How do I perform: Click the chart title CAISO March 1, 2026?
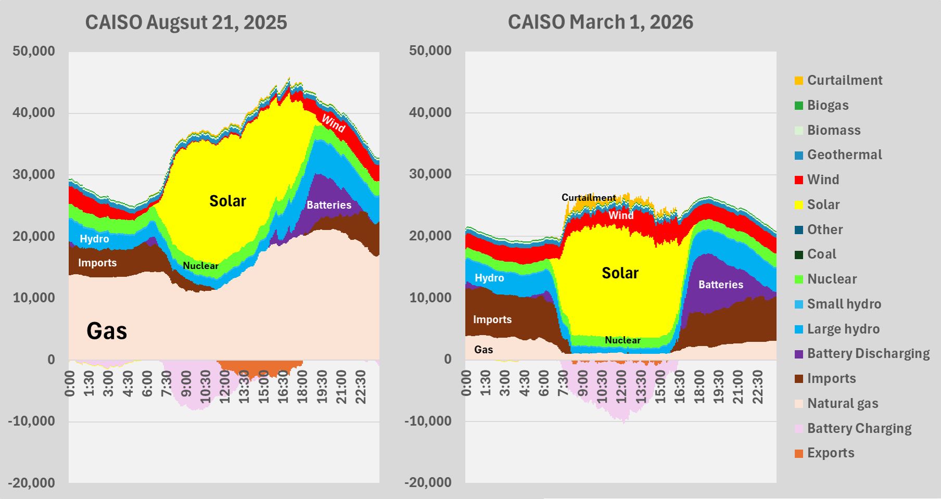[600, 22]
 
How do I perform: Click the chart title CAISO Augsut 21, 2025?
[186, 22]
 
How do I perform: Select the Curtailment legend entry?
[844, 80]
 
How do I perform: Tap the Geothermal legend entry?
[844, 155]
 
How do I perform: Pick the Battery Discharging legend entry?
[868, 353]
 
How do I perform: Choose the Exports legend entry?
[830, 453]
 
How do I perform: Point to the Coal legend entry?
[821, 254]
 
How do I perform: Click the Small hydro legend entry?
[844, 304]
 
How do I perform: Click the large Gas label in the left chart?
[107, 331]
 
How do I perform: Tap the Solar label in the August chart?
[228, 201]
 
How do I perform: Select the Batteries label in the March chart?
[721, 285]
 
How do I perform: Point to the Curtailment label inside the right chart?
[588, 198]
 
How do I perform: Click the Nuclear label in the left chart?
[200, 266]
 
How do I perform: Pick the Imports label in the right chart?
[492, 319]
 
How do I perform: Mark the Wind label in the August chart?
[333, 123]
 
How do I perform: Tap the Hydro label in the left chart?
[94, 239]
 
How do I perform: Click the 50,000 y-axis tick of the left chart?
[34, 51]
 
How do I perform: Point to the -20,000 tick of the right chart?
[428, 482]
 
